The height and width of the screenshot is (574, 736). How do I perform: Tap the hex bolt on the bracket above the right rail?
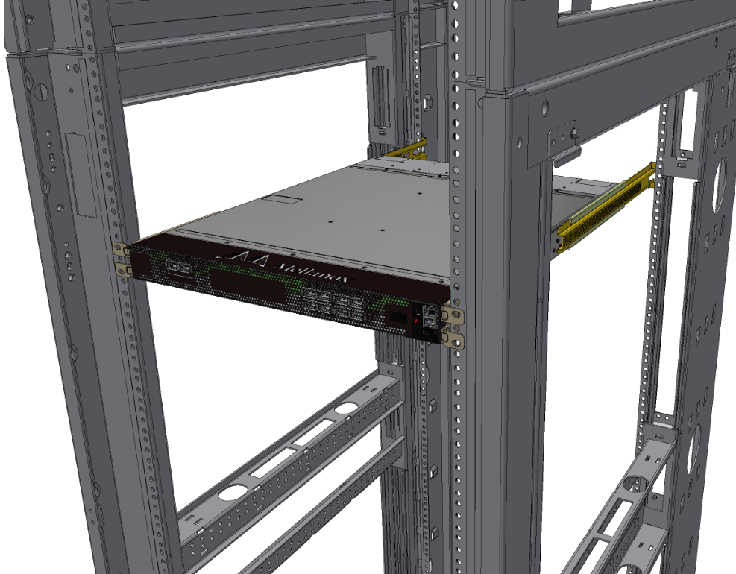(576, 134)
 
